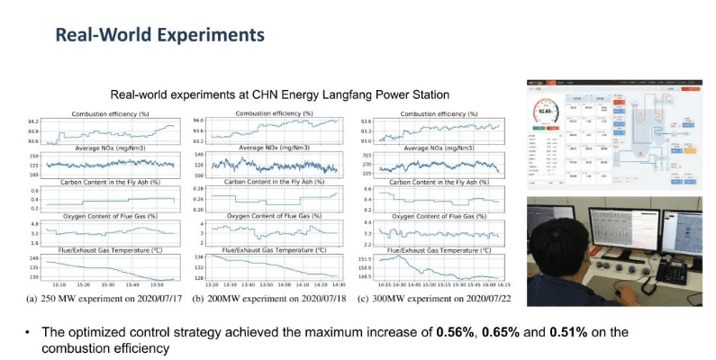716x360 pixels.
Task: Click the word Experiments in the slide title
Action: click(205, 35)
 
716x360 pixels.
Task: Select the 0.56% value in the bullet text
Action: click(455, 332)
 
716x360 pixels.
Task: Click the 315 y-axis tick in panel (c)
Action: click(366, 155)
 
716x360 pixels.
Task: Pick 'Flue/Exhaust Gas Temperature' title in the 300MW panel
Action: click(439, 249)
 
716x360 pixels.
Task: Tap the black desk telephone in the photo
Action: click(671, 271)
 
